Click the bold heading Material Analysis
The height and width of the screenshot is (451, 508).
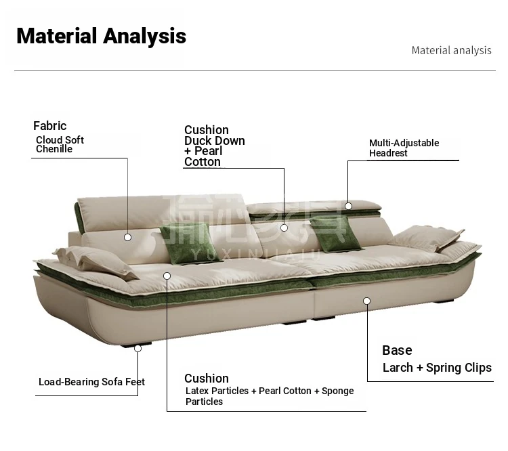(101, 36)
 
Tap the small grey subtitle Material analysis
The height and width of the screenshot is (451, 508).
(451, 51)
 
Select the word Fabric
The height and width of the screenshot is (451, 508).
(50, 126)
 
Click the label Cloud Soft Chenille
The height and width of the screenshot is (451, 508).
(60, 144)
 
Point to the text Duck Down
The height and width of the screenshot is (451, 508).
(215, 141)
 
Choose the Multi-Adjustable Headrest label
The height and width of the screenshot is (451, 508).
(404, 148)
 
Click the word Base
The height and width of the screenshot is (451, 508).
(397, 350)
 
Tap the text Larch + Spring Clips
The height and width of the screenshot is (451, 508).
(437, 368)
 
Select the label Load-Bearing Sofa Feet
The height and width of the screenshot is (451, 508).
(91, 382)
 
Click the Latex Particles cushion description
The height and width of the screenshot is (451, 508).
(270, 396)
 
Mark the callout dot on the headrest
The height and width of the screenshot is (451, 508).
(348, 206)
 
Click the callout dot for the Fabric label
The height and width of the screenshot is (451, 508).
(127, 238)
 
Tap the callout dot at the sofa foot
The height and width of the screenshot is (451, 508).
(137, 349)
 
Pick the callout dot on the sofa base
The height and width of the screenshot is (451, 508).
(366, 301)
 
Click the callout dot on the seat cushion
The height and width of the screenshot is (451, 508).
(167, 276)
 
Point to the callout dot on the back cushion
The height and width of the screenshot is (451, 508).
(284, 228)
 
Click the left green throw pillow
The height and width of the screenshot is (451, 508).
(190, 243)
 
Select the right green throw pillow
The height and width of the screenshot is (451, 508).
(336, 234)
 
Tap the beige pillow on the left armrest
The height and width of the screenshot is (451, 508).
(96, 261)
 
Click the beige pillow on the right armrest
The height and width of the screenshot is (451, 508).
(426, 238)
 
